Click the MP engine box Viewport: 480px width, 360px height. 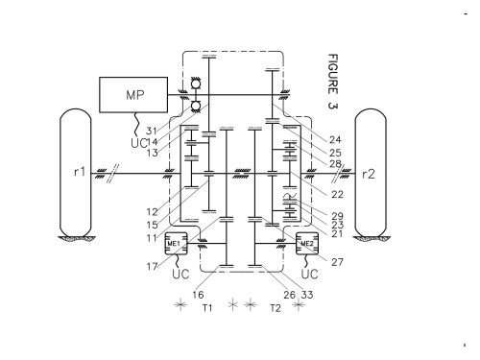click(133, 95)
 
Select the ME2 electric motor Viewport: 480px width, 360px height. click(307, 244)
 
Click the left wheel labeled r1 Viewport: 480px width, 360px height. click(76, 173)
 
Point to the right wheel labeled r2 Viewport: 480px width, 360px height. click(371, 173)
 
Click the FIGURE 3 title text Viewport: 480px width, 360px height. click(333, 82)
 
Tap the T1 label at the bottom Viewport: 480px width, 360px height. click(207, 308)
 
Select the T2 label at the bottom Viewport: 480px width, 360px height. click(276, 308)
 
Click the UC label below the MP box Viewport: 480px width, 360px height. click(138, 143)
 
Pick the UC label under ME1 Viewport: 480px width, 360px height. click(180, 274)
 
